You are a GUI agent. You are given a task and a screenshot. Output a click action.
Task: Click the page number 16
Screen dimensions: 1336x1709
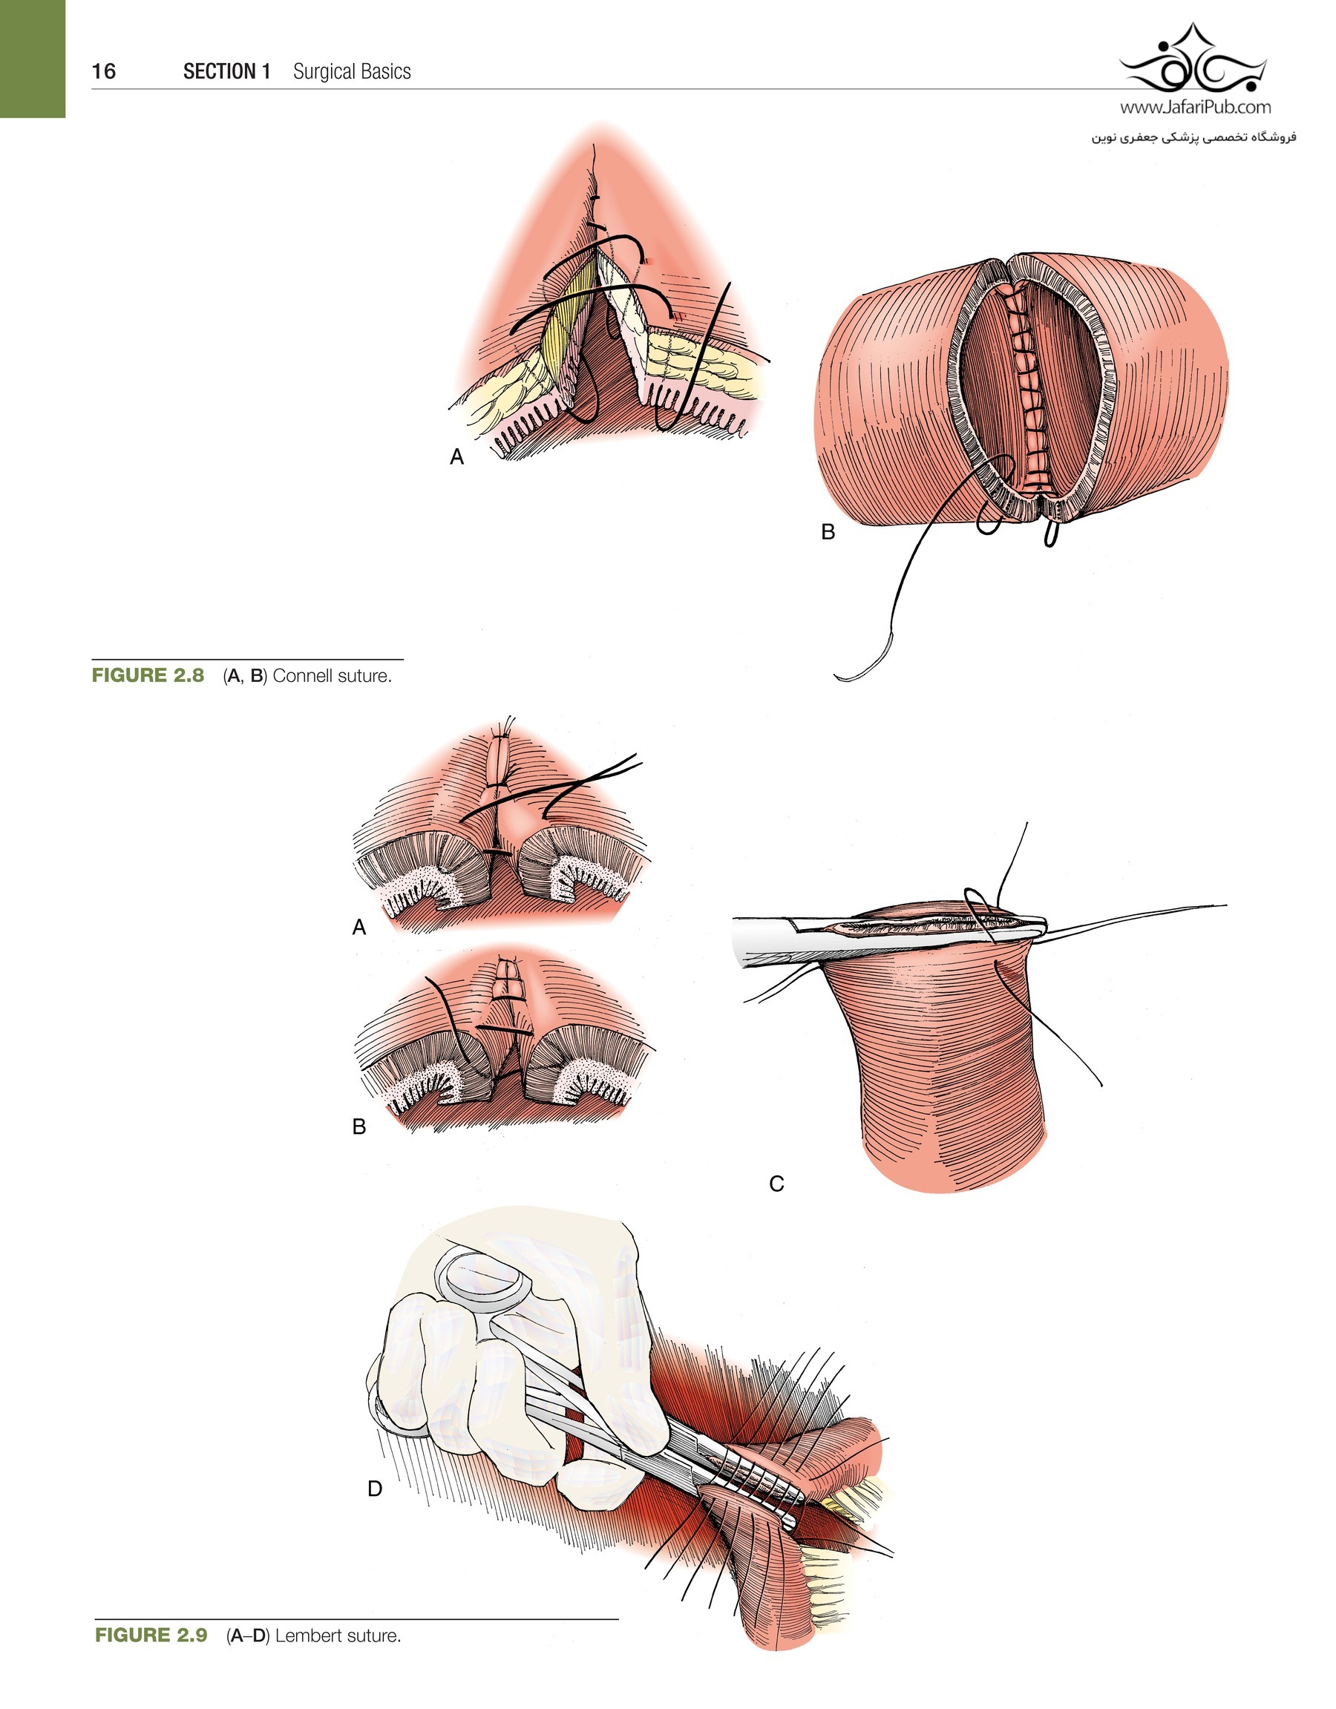click(103, 72)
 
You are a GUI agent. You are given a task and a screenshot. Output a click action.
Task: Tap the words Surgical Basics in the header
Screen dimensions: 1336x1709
click(353, 72)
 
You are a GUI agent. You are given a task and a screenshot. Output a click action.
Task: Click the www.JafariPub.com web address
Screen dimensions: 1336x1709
click(1195, 107)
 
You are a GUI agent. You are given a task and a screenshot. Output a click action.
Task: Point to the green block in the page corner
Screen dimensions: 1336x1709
click(32, 59)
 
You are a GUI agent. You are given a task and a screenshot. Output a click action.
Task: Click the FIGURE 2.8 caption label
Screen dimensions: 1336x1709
click(148, 675)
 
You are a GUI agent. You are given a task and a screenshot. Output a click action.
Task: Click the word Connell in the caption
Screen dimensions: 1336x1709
click(303, 676)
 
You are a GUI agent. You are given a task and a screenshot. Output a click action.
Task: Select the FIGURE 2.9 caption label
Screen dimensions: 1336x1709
click(151, 1635)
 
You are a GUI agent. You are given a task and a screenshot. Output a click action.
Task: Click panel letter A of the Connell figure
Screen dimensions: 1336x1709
click(457, 457)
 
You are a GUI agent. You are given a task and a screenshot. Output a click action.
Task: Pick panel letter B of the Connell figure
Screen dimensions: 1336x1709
click(828, 532)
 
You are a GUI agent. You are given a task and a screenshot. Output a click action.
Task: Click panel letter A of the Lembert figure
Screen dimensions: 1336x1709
click(359, 928)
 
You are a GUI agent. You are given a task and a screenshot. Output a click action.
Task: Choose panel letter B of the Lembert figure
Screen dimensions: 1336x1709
click(359, 1126)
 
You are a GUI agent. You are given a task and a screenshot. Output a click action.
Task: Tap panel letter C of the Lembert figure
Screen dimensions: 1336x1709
click(776, 1184)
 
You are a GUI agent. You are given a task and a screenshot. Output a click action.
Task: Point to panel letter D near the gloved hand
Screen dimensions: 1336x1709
click(375, 1489)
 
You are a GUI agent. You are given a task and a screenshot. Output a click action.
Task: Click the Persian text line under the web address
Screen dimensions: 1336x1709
click(1193, 138)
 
